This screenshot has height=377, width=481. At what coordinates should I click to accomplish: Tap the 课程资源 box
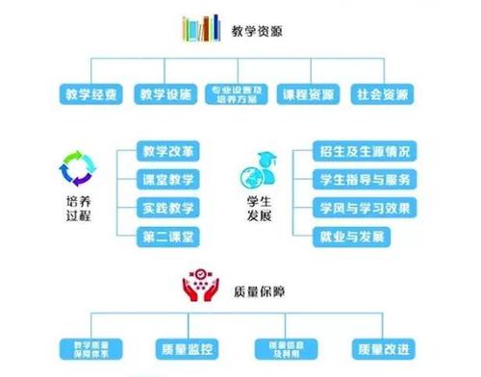tap(310, 94)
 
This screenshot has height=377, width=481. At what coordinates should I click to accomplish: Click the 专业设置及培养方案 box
tap(238, 94)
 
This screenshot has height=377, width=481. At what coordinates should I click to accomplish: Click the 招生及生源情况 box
tap(365, 151)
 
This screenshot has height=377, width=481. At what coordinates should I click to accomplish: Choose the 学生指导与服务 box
tap(365, 179)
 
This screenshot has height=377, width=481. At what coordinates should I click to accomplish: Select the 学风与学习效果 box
tap(365, 207)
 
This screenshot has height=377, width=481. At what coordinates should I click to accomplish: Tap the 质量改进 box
tap(382, 347)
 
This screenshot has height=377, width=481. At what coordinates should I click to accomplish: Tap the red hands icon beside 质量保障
tap(201, 288)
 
